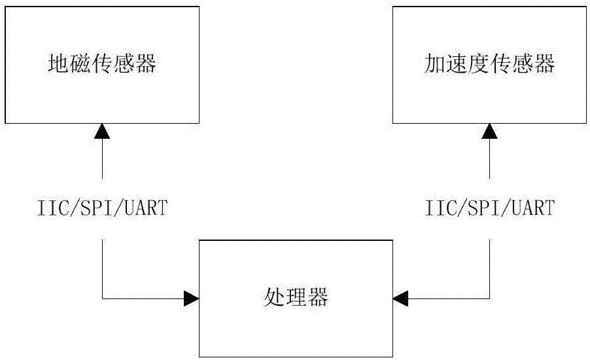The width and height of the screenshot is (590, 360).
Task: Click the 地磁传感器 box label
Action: coord(103,64)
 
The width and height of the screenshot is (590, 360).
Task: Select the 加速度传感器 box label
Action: coord(489,64)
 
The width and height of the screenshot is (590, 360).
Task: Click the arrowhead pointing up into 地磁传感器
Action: coord(102,132)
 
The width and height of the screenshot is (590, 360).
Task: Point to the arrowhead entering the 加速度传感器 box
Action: coord(489,132)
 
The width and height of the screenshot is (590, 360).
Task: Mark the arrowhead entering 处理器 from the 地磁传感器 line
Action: coord(191,298)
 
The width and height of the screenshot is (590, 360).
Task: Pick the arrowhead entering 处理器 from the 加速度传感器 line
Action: coord(400,298)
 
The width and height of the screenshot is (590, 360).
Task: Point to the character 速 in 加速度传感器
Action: coord(457,64)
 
